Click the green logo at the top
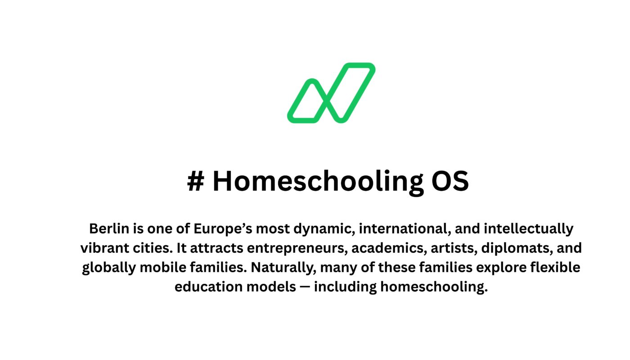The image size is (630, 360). (331, 93)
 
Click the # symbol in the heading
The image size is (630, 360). (195, 181)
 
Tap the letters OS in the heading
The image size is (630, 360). (450, 181)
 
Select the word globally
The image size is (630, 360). (108, 268)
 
